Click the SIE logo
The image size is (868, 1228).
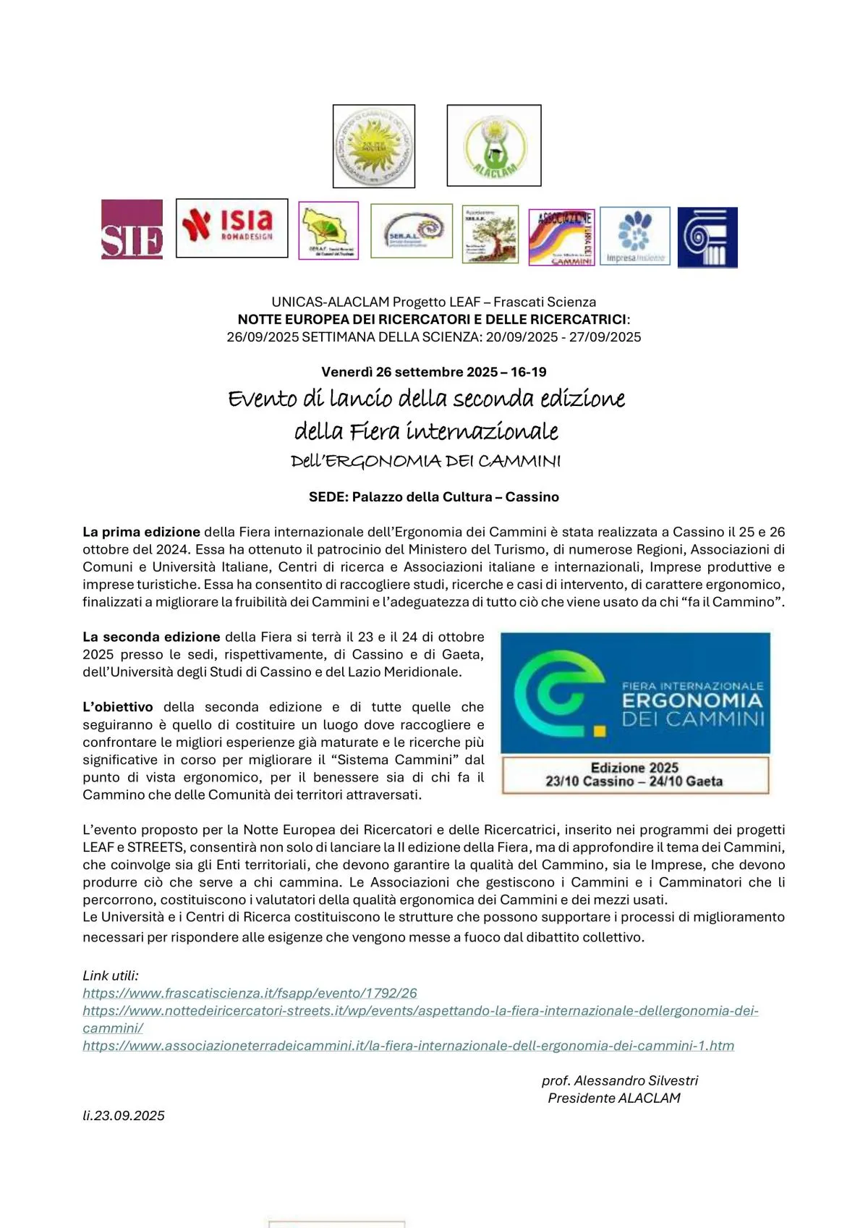132,229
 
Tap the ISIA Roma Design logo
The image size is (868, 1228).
231,228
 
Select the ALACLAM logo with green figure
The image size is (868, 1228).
494,145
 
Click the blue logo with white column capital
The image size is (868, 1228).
707,237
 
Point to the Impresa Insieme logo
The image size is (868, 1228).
635,236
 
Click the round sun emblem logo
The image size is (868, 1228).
373,146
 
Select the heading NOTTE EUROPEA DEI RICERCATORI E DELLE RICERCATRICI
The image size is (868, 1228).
433,319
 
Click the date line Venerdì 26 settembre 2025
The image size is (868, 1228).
434,372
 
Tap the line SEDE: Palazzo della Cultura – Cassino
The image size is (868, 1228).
434,497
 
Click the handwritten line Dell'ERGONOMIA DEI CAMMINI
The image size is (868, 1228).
425,461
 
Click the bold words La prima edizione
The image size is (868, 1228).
141,532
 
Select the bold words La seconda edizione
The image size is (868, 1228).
151,637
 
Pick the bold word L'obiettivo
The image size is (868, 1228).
118,707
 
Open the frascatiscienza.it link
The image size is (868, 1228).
250,994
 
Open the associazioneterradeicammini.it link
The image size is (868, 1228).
408,1046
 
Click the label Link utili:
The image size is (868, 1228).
111,975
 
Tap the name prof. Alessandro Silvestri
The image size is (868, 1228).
620,1080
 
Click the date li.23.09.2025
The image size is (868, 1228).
124,1116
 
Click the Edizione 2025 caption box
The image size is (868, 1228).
634,775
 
